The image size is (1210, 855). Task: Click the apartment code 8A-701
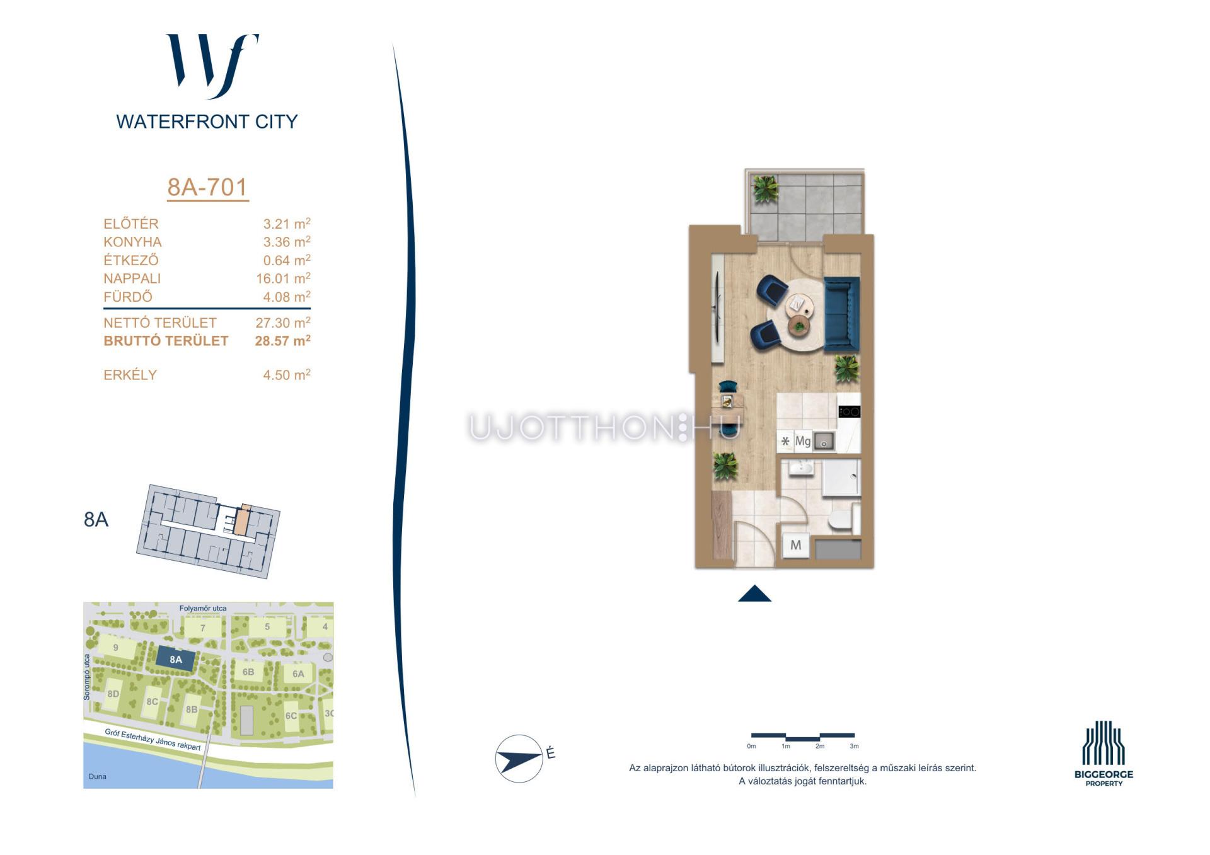(x=207, y=187)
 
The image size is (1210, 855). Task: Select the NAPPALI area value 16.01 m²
(x=283, y=278)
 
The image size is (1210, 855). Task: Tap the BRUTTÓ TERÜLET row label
(x=166, y=341)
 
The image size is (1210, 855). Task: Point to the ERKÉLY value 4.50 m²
(x=287, y=374)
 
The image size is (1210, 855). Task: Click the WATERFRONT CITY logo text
(x=207, y=122)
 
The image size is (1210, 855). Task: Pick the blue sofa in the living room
(x=841, y=314)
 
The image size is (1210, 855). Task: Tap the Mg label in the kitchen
(x=802, y=441)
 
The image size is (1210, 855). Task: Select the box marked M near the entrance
(x=796, y=545)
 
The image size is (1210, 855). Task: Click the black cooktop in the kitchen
(x=849, y=412)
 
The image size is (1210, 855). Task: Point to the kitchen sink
(x=823, y=441)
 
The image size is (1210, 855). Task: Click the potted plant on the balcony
(x=765, y=188)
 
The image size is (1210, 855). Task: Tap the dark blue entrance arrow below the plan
(x=754, y=594)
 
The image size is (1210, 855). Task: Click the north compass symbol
(x=519, y=758)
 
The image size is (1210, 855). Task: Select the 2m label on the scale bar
(x=819, y=746)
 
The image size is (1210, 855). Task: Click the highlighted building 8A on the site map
(x=175, y=660)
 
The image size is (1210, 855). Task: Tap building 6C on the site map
(x=291, y=716)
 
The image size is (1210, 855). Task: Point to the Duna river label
(x=98, y=776)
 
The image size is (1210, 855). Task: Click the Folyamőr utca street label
(x=203, y=608)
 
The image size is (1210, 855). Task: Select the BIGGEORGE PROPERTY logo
(x=1103, y=754)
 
